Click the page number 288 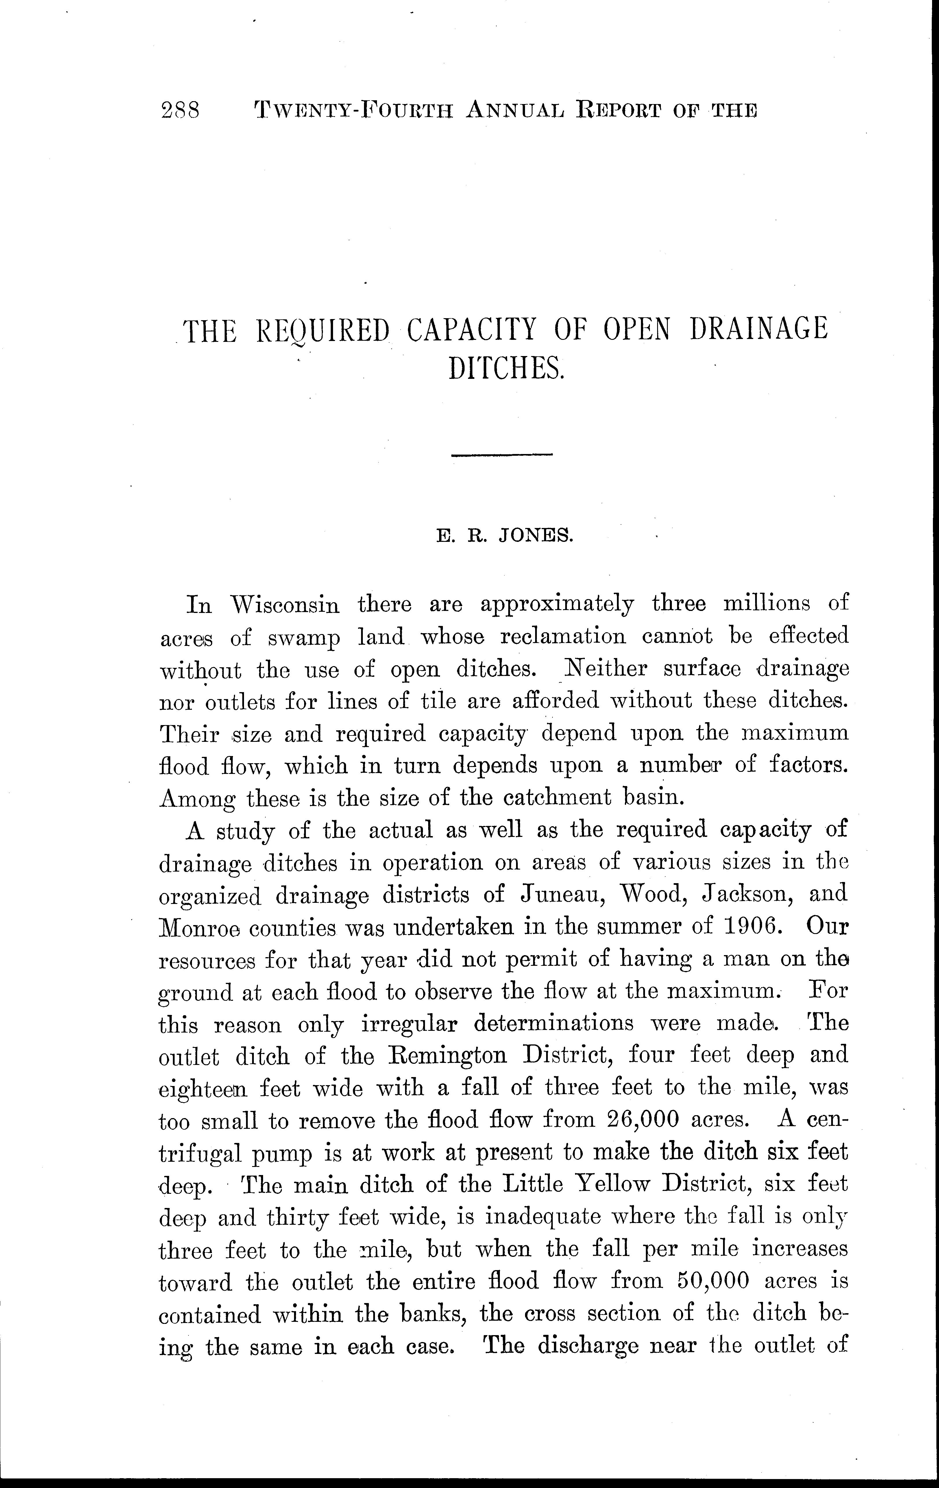(x=180, y=110)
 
